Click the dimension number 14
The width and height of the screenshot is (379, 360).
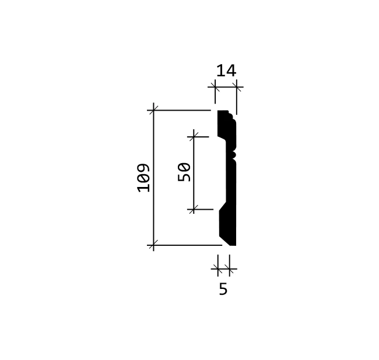pyautogui.click(x=226, y=70)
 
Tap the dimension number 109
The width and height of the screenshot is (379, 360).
pyautogui.click(x=143, y=178)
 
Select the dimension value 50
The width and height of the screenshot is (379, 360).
pyautogui.click(x=184, y=172)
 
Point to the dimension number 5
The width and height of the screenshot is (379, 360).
pyautogui.click(x=223, y=289)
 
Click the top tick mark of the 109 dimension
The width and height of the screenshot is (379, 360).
pyautogui.click(x=153, y=110)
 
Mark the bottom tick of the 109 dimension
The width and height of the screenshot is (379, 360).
pyautogui.click(x=153, y=245)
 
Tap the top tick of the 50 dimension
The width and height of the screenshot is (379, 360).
pyautogui.click(x=194, y=137)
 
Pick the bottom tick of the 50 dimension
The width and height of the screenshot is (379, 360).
pyautogui.click(x=194, y=209)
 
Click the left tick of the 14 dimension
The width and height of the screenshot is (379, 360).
pyautogui.click(x=215, y=87)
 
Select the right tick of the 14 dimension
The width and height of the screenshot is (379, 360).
pyautogui.click(x=236, y=87)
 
